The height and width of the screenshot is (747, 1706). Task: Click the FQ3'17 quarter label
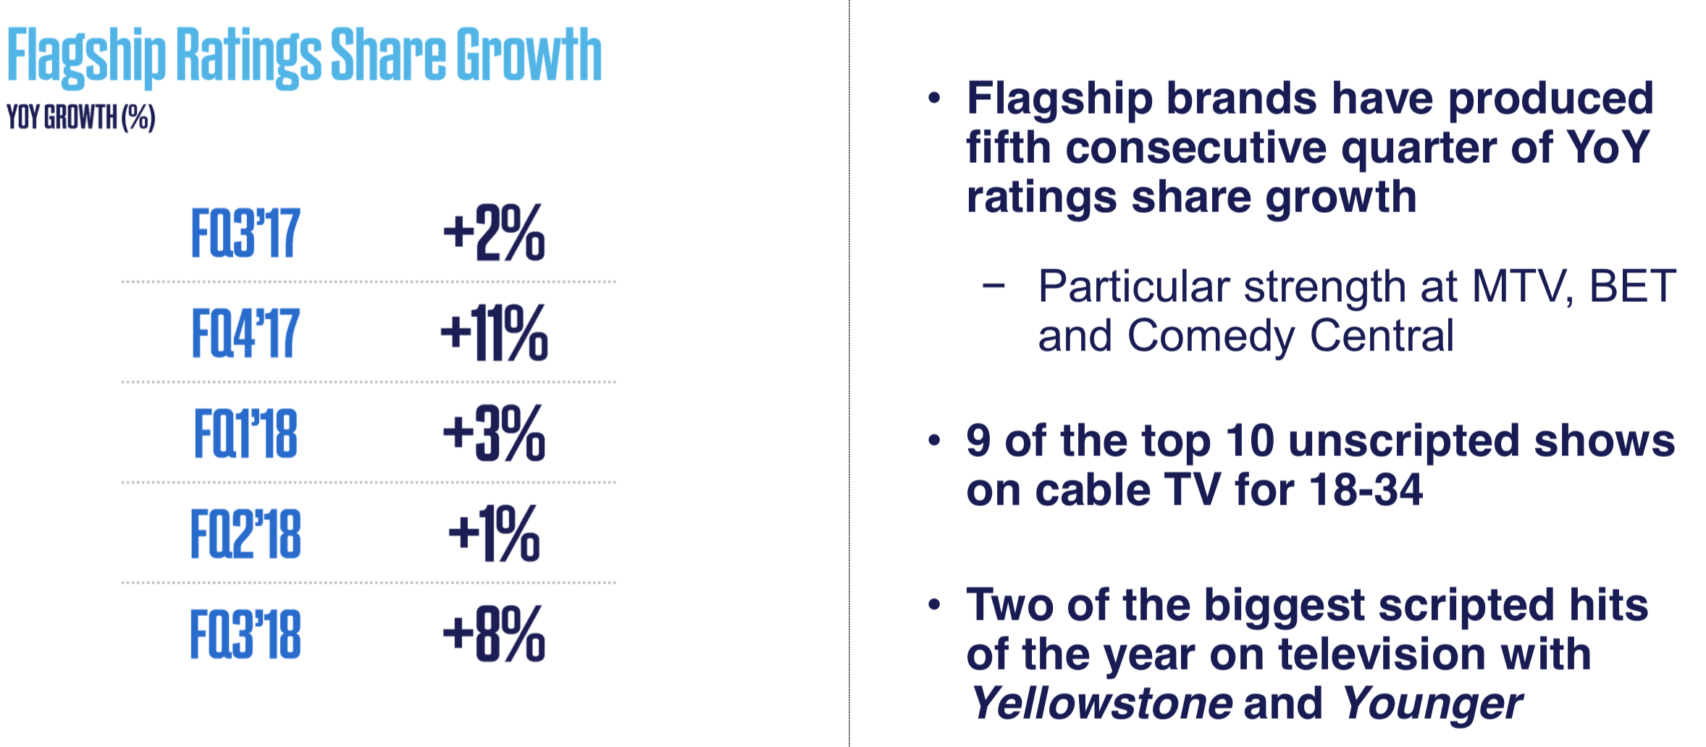245,233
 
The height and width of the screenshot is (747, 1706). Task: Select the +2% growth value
494,232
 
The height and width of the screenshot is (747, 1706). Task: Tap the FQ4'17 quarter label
245,333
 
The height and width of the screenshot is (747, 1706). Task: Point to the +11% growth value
495,332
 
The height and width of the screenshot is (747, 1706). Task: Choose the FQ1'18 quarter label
245,433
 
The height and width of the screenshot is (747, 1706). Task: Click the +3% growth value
494,433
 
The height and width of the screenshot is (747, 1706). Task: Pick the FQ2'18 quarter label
245,533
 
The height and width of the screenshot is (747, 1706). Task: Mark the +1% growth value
494,533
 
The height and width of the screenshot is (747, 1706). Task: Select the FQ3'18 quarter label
245,634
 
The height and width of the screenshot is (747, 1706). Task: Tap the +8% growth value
494,634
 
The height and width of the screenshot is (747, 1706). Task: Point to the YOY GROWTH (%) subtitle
81,117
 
